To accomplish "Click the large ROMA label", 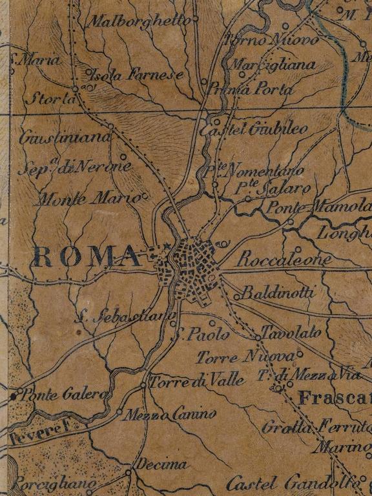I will point(87,257).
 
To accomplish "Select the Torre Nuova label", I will point(245,356).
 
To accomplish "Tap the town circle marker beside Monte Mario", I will point(145,195).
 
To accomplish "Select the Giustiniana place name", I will point(65,138).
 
